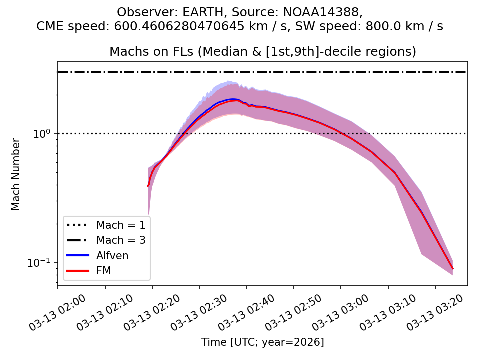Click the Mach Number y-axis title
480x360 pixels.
coord(16,174)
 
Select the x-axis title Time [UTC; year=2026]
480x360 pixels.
coord(263,342)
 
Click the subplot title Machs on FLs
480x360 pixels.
coord(263,52)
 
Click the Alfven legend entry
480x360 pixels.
coord(112,255)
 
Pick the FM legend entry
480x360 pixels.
coord(103,271)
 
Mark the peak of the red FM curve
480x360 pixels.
coord(235,100)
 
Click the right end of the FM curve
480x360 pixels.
coord(452,269)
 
